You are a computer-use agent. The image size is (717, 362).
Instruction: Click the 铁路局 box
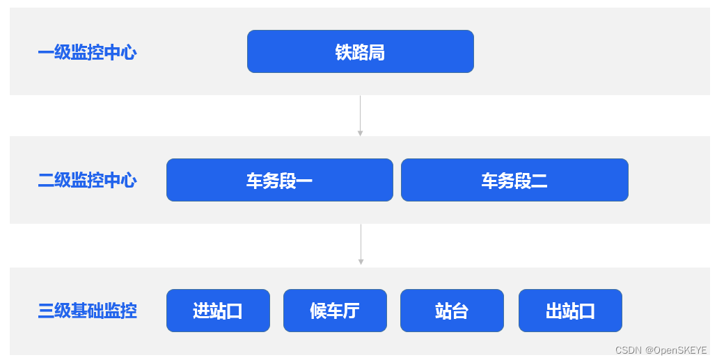[x=360, y=51]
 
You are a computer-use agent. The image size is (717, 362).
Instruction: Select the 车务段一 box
[x=279, y=180]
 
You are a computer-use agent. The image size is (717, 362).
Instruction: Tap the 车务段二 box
[x=514, y=180]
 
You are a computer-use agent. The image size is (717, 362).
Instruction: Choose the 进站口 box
[x=218, y=311]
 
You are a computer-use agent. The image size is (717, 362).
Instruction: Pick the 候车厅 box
[x=335, y=311]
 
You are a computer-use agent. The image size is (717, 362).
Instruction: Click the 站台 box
[x=452, y=311]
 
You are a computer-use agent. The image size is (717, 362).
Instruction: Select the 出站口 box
[x=570, y=311]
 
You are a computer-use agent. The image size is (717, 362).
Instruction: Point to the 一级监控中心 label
[x=87, y=52]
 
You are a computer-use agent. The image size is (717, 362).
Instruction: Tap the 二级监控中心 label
[x=87, y=181]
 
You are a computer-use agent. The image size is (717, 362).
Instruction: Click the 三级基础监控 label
[x=87, y=311]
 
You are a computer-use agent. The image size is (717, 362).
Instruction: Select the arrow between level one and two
[x=360, y=115]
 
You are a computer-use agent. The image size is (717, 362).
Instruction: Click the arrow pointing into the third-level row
[x=361, y=245]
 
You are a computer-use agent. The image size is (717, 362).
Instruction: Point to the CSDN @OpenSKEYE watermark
[x=661, y=350]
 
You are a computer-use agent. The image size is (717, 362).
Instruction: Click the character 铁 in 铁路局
[x=344, y=52]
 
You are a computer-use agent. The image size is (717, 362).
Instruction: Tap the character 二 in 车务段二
[x=539, y=181]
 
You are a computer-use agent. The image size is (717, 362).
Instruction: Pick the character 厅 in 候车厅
[x=352, y=311]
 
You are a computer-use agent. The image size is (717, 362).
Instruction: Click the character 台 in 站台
[x=460, y=311]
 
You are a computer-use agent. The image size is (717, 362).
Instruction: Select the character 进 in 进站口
[x=201, y=311]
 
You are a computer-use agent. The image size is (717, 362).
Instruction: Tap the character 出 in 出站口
[x=554, y=311]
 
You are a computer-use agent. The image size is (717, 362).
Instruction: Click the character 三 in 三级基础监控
[x=46, y=311]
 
